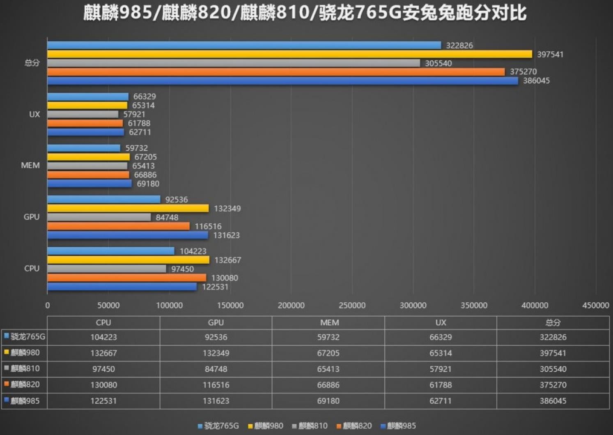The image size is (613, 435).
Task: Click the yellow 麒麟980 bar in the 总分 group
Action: point(289,54)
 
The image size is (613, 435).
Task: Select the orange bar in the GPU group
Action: point(118,226)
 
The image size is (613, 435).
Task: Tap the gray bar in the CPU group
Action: point(107,269)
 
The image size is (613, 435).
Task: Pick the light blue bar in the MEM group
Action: point(84,148)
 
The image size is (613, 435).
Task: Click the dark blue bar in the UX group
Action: point(85,132)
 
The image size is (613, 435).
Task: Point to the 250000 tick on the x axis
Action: point(352,306)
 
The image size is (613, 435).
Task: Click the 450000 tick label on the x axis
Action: point(595,306)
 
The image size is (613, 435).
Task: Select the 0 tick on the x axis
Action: point(48,306)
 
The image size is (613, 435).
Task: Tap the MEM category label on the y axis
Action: point(30,166)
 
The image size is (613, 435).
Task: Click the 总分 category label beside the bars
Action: point(32,63)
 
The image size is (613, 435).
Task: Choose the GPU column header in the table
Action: point(216,323)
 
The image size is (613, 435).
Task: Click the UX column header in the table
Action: point(441,323)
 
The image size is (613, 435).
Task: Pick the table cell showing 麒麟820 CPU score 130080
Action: point(103,385)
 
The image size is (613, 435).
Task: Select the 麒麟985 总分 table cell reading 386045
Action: point(553,401)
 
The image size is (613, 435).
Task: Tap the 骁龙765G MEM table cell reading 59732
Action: point(328,337)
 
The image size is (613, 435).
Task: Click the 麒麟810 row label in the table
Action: point(25,368)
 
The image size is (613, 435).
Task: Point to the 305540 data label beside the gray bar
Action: point(438,63)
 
